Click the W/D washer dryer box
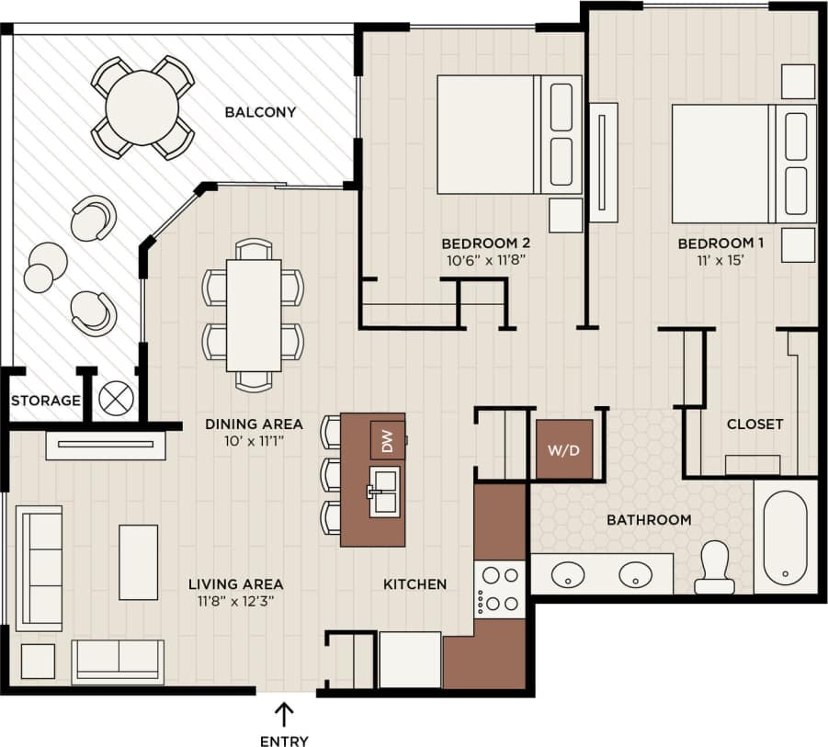point(564,450)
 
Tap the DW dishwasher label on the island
point(387,440)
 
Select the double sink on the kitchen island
point(385,491)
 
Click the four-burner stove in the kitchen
point(498,589)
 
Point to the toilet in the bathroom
point(713,567)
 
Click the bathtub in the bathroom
point(785,538)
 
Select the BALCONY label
point(261,113)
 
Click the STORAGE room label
point(46,401)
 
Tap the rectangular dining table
point(253,314)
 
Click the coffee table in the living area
point(138,561)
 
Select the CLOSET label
point(754,424)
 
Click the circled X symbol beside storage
point(117,399)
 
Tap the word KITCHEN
point(414,583)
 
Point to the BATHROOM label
point(649,520)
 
